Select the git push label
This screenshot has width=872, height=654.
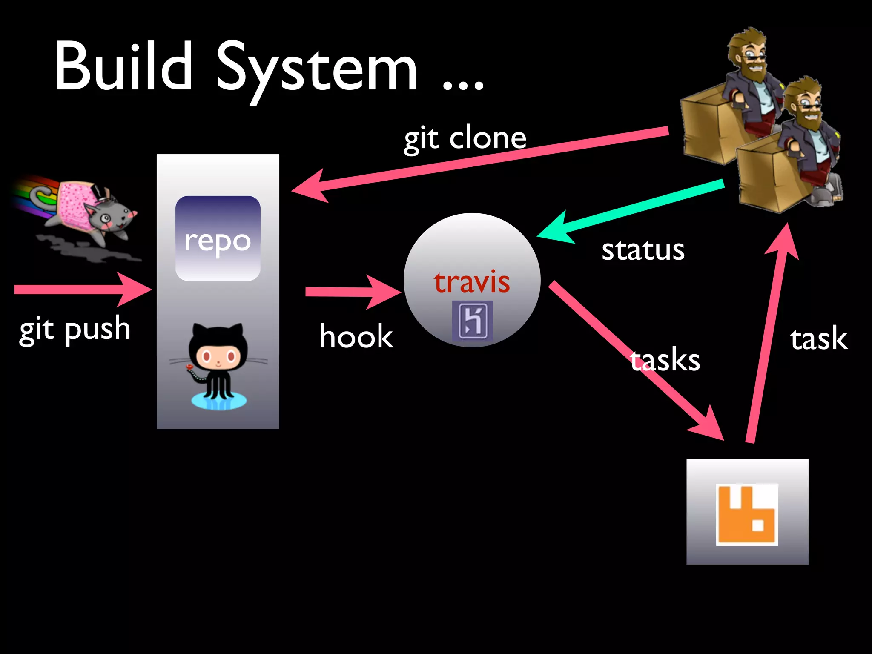click(x=75, y=330)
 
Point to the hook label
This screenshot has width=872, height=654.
click(x=356, y=336)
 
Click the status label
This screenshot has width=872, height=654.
click(x=643, y=250)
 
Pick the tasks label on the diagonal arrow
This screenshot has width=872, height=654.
click(x=665, y=360)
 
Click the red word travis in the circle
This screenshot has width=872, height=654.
click(x=472, y=282)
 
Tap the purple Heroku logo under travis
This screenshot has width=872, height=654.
click(x=472, y=320)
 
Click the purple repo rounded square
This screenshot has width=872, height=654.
click(x=218, y=238)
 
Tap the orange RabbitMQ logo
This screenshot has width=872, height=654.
click(x=747, y=514)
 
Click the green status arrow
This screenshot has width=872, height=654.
click(x=630, y=209)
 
